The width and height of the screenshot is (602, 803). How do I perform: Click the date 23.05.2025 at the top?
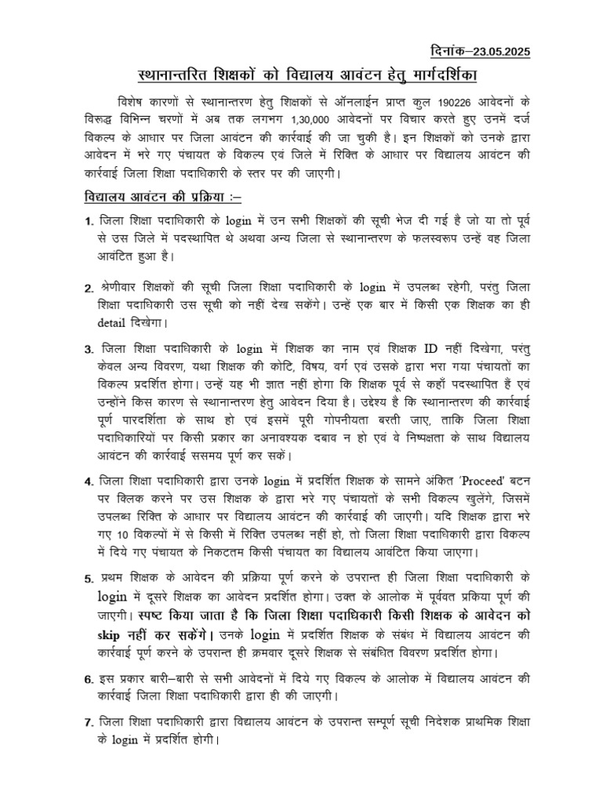tap(495, 52)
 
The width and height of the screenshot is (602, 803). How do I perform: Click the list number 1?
tap(89, 224)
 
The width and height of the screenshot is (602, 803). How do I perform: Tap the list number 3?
tap(89, 349)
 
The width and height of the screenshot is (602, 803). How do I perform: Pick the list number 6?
tap(89, 678)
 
